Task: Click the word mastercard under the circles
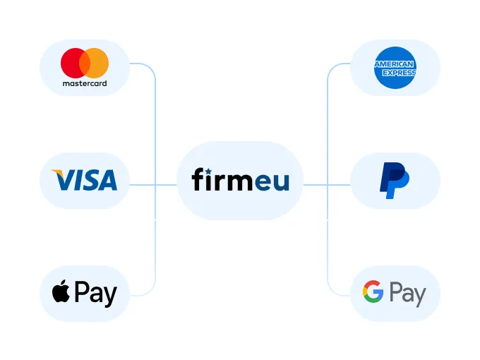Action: point(85,83)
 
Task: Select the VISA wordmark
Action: point(85,180)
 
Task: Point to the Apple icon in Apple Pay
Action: point(61,292)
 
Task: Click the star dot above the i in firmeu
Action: point(214,169)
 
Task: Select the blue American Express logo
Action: point(395,68)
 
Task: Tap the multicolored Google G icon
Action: point(373,292)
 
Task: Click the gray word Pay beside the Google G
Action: point(407,294)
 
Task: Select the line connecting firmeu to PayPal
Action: point(326,185)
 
